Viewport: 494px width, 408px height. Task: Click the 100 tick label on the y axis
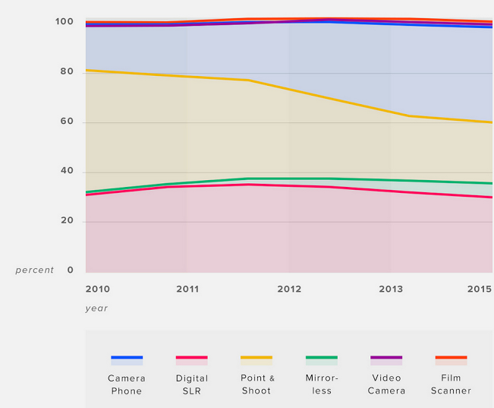[65, 22]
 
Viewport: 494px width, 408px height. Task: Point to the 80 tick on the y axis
[68, 72]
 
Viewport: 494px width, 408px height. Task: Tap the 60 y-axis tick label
[68, 122]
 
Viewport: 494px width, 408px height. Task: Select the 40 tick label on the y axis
[68, 172]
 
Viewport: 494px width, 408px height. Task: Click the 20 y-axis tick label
[68, 221]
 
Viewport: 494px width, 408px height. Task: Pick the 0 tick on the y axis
[71, 270]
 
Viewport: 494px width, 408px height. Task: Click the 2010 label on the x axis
[97, 289]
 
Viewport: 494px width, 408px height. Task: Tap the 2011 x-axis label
[187, 289]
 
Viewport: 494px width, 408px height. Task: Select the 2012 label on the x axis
[289, 289]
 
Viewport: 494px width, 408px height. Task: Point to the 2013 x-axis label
[391, 289]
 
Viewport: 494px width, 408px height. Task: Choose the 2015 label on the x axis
[480, 289]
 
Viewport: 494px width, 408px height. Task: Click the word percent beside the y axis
[35, 270]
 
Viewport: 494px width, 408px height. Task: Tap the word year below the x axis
[96, 308]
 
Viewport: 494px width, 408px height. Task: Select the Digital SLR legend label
[192, 384]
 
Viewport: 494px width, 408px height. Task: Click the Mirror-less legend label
[322, 384]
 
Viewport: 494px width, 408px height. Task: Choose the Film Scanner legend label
[451, 384]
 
